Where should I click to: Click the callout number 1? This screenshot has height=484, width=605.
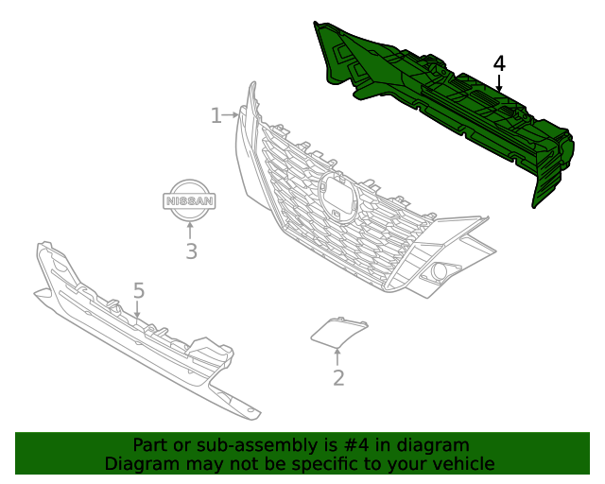click(216, 115)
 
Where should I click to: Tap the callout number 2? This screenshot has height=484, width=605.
click(338, 378)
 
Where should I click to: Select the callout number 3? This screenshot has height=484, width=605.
click(191, 251)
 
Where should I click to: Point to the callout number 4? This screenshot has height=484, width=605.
click(499, 63)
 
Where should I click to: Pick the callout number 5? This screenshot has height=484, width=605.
click(139, 290)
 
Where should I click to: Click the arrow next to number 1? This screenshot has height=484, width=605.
click(231, 115)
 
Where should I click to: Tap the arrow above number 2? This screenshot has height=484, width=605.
click(337, 357)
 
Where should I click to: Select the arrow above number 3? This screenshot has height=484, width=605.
click(189, 231)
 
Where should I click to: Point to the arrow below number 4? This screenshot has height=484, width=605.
click(499, 83)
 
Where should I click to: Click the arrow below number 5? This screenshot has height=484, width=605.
click(136, 310)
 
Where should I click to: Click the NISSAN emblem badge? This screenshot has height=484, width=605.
click(189, 200)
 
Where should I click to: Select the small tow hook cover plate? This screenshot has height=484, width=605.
click(339, 332)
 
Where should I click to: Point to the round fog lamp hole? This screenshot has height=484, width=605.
click(439, 270)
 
